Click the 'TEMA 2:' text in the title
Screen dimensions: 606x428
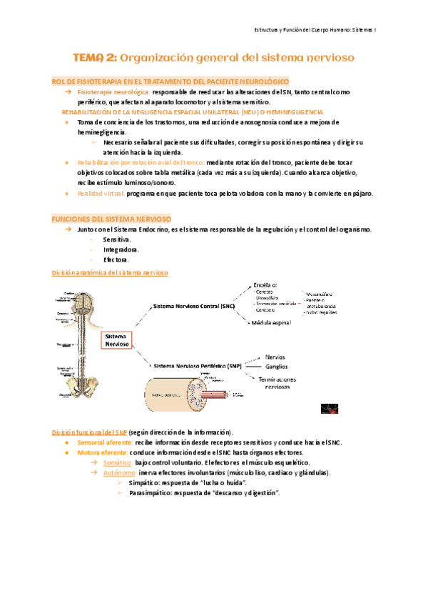96,56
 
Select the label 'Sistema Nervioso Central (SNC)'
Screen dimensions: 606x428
194,306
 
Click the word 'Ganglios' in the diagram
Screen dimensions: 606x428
277,366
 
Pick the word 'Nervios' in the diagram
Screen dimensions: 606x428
276,357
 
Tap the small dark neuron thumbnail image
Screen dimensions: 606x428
328,407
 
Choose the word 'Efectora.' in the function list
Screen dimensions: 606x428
116,260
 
